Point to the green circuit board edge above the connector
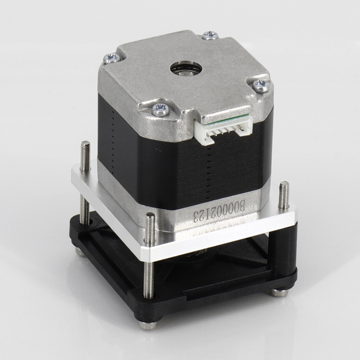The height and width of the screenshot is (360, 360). [x=226, y=119]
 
